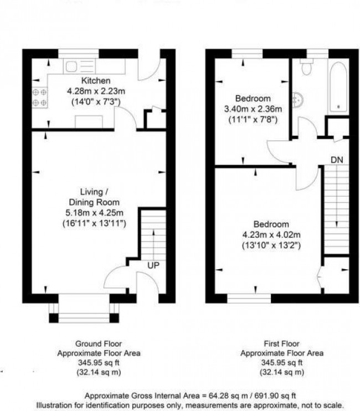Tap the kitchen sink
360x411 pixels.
pyautogui.click(x=73, y=67)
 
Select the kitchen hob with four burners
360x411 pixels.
pyautogui.click(x=39, y=97)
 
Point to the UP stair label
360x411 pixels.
pyautogui.click(x=153, y=266)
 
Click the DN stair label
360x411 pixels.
pyautogui.click(x=336, y=160)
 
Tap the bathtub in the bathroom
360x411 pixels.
pyautogui.click(x=337, y=86)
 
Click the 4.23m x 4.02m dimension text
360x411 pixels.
pyautogui.click(x=271, y=235)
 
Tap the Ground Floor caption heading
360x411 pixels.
pyautogui.click(x=99, y=343)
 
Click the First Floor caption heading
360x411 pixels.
pyautogui.click(x=281, y=343)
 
